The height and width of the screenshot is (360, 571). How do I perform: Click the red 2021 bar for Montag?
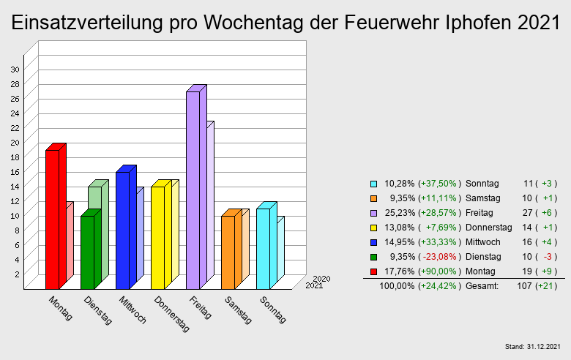[x=52, y=220]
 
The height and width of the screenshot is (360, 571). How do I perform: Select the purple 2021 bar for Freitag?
[x=193, y=190]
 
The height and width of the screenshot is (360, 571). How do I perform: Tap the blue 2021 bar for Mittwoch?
[x=122, y=230]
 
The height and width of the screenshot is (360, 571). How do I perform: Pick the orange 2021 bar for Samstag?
[x=228, y=252]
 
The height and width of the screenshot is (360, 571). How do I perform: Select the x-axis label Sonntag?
[x=272, y=309]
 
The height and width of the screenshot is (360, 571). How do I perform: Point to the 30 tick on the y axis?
[x=15, y=69]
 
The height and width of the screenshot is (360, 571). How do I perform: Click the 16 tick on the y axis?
[x=15, y=171]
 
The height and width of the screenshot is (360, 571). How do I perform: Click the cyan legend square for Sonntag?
[x=373, y=184]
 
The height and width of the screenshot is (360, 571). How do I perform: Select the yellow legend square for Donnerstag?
[x=373, y=228]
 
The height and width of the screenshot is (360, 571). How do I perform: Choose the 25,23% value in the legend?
[x=399, y=213]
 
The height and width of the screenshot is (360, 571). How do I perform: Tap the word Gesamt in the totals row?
[x=482, y=286]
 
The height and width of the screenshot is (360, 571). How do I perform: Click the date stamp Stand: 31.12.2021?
[x=533, y=345]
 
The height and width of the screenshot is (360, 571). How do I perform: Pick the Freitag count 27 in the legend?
[x=529, y=213]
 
